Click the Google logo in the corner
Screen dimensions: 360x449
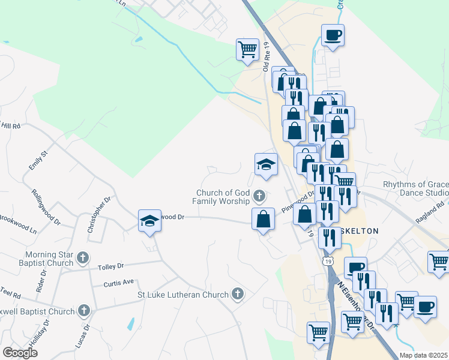(20, 353)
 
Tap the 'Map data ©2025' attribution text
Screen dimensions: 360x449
(424, 355)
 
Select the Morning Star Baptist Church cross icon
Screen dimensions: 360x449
(83, 259)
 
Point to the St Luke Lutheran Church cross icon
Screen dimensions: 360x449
(238, 294)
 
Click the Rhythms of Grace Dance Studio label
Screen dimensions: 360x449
(416, 188)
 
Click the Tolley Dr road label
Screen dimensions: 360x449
(112, 265)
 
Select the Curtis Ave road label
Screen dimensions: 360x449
(118, 283)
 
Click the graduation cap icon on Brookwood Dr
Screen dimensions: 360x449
(149, 220)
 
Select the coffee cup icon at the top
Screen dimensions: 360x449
(333, 35)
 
